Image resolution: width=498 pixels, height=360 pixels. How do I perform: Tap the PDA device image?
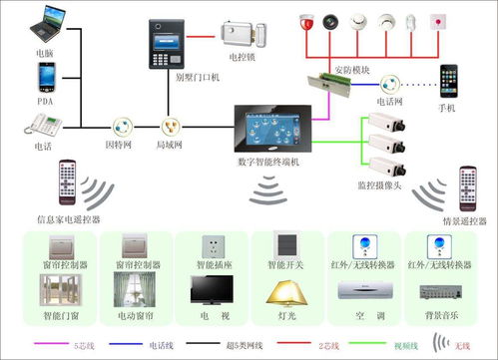pyautogui.click(x=46, y=78)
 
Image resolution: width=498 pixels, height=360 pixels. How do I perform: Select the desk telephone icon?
pyautogui.click(x=45, y=125)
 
